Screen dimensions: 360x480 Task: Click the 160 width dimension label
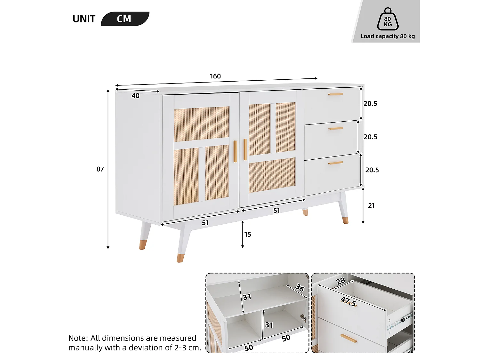(215, 76)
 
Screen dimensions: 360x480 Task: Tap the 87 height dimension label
(100, 169)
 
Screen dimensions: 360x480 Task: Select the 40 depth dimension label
(135, 96)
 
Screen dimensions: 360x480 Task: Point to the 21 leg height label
(371, 206)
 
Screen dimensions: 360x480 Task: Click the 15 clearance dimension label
(248, 235)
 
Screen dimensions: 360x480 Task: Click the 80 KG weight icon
(388, 20)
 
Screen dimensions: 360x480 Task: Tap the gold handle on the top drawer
(335, 94)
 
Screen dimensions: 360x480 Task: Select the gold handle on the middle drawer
(335, 129)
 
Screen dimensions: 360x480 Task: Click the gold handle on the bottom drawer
(335, 163)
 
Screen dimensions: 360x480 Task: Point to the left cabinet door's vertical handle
(235, 151)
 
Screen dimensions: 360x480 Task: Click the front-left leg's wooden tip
(180, 258)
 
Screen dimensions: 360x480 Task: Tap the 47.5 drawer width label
(348, 301)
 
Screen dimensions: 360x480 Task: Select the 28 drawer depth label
(341, 281)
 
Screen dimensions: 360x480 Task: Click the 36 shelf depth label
(300, 288)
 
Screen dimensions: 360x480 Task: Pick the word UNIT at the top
(84, 19)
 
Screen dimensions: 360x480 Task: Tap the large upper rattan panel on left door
(202, 124)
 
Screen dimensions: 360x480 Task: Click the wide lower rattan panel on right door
(272, 175)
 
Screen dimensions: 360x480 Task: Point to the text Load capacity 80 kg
(388, 36)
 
